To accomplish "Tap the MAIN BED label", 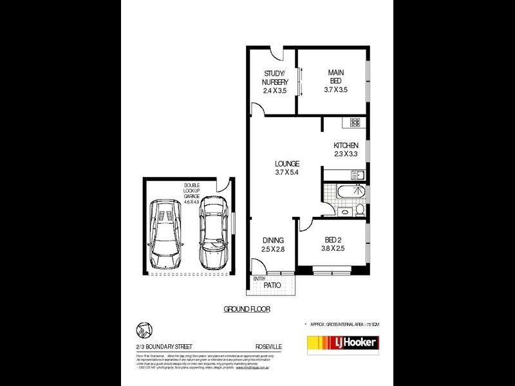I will [x=335, y=77].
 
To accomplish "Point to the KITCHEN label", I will [x=346, y=145].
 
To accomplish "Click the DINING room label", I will [x=273, y=240].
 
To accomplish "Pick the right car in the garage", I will [x=213, y=232].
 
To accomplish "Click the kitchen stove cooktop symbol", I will [x=355, y=122].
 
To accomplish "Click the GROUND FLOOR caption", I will [x=247, y=309].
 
